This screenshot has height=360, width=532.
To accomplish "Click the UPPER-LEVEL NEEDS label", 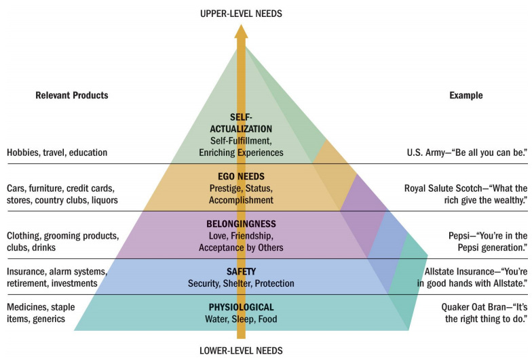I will click(x=241, y=14).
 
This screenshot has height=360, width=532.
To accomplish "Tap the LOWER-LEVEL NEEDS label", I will click(x=241, y=351).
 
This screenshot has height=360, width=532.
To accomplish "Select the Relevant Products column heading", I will click(x=71, y=96).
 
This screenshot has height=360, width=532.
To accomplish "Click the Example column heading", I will click(x=466, y=96).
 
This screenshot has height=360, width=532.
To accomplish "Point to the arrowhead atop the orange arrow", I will click(x=241, y=31).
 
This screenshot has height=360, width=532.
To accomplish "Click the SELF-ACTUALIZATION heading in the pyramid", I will click(x=241, y=123).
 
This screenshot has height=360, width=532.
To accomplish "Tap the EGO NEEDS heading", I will click(x=241, y=176).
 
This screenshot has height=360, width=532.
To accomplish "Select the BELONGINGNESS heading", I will click(x=241, y=224).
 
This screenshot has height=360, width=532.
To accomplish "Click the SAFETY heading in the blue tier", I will click(x=241, y=271).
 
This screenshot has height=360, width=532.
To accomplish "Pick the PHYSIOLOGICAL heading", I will click(x=241, y=307).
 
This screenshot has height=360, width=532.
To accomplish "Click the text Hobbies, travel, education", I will click(x=57, y=153).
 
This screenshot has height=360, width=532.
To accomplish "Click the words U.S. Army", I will click(x=440, y=153).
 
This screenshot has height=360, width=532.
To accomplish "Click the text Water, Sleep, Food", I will click(x=241, y=319).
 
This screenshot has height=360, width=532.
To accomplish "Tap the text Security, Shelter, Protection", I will click(x=241, y=283).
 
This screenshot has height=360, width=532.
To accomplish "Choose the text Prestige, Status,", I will click(x=241, y=188).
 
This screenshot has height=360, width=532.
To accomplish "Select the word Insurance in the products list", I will click(x=27, y=271).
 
